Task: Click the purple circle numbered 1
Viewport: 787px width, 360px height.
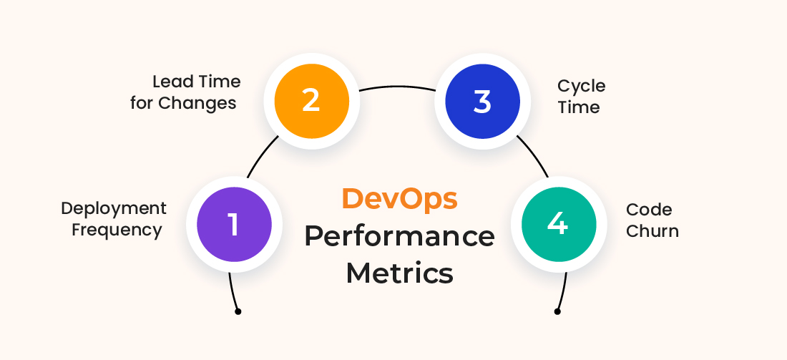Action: click(x=234, y=225)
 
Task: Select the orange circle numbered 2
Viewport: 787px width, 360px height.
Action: click(x=312, y=101)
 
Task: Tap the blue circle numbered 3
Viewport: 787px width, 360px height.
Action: click(x=482, y=101)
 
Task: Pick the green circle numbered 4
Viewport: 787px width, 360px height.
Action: click(x=559, y=225)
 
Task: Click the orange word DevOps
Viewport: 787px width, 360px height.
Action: click(x=399, y=198)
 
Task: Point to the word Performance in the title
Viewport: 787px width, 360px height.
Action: click(x=399, y=236)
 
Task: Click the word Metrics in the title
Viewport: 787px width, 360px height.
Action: click(x=399, y=273)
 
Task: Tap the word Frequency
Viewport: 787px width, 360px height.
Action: click(x=117, y=230)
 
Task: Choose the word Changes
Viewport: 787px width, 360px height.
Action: click(x=197, y=104)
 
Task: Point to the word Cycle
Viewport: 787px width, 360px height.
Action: click(x=581, y=87)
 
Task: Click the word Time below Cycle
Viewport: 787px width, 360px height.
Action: click(x=579, y=107)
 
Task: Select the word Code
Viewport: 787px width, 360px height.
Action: click(x=649, y=210)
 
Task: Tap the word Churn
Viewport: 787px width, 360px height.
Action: click(x=652, y=231)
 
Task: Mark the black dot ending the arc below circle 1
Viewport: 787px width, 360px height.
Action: click(x=238, y=312)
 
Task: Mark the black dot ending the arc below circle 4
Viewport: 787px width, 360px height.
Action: click(x=557, y=312)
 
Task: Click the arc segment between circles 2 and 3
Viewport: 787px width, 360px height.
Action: click(x=397, y=87)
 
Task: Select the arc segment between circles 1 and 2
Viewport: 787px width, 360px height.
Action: click(x=261, y=155)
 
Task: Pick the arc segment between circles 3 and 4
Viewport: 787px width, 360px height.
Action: click(x=534, y=155)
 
